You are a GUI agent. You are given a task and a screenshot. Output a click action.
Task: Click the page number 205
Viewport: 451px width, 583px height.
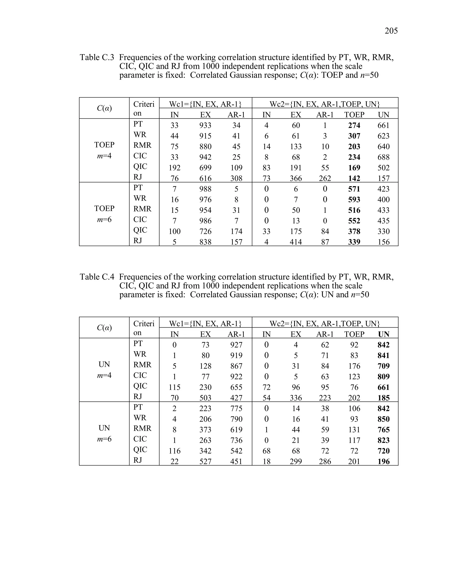391,31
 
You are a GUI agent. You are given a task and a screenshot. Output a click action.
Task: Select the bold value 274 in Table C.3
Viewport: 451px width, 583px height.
354,125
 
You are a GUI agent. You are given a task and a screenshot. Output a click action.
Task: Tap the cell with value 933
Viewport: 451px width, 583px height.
205,125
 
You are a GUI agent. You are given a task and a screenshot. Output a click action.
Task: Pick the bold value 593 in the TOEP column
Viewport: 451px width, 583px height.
354,200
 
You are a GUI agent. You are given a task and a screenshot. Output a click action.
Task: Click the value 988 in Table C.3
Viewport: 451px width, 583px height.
205,189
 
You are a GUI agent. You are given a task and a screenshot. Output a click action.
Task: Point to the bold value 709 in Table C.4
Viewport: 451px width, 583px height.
383,366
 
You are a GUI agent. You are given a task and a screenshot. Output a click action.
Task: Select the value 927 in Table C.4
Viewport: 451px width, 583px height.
236,345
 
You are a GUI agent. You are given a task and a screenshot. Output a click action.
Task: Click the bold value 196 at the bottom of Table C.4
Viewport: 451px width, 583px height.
383,462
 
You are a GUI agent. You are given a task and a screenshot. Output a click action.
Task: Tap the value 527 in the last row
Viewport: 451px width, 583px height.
205,462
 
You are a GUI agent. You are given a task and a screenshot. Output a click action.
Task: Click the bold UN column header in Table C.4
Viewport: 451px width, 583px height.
383,334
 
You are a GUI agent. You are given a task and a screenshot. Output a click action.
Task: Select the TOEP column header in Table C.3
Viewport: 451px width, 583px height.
354,115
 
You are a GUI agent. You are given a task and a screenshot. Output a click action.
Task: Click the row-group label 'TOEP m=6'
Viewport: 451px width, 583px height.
104,214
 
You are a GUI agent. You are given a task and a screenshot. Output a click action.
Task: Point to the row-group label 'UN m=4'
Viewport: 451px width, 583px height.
104,370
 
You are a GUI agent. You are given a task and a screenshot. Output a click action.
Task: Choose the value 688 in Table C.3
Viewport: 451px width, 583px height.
383,157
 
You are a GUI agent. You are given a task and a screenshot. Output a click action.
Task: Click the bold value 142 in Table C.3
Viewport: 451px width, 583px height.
354,178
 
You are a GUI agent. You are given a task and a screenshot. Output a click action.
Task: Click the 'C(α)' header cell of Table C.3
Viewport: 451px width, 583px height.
104,108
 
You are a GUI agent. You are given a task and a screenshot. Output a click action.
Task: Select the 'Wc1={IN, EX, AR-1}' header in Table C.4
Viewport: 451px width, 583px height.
205,324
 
